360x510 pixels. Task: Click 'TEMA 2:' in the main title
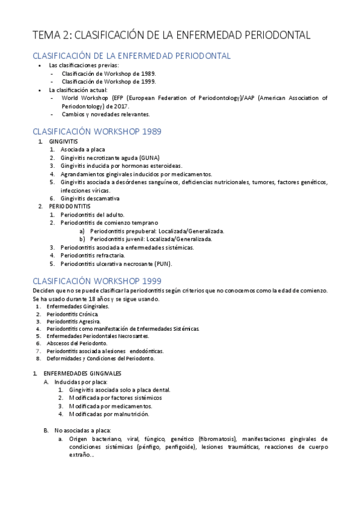(x=52, y=35)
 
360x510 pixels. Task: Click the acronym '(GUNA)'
(x=148, y=158)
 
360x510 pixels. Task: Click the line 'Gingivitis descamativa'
(x=90, y=198)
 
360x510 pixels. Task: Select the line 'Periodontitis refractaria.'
(x=93, y=255)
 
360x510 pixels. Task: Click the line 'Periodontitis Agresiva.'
(x=73, y=321)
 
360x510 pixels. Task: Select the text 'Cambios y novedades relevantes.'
(x=106, y=114)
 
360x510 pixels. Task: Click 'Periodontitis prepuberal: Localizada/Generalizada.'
(x=157, y=231)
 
